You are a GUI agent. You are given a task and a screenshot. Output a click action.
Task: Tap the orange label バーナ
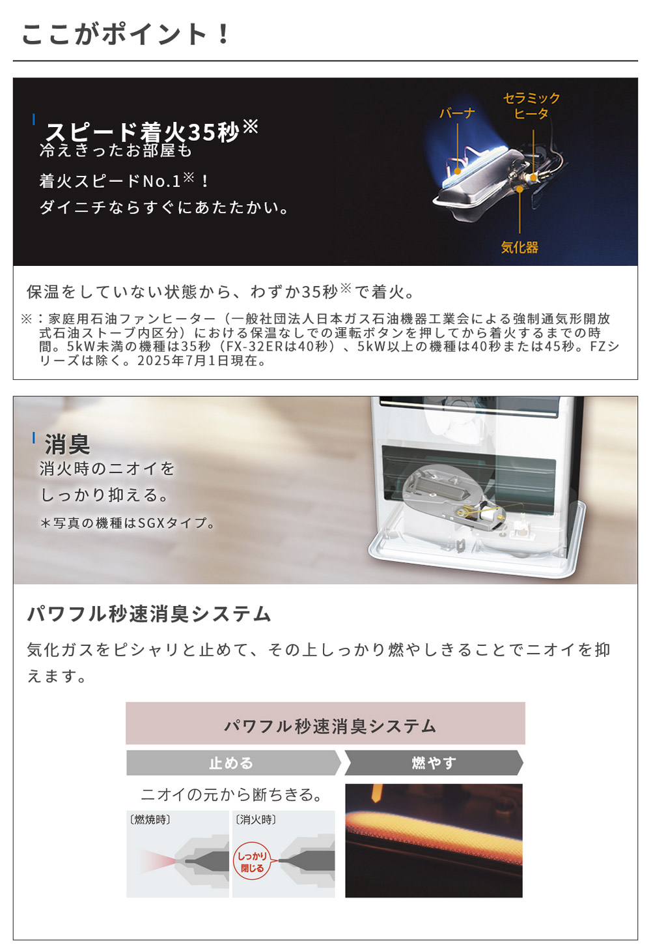click(457, 113)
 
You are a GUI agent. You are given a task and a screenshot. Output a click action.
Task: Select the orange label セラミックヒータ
click(531, 106)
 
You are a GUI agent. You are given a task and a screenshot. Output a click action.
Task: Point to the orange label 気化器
click(519, 248)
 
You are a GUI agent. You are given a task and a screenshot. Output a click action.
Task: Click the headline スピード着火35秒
click(143, 132)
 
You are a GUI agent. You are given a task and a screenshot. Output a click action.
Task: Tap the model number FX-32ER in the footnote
click(255, 347)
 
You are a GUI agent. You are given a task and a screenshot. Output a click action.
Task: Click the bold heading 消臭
click(67, 444)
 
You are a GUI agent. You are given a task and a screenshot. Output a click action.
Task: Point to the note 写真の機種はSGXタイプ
click(128, 523)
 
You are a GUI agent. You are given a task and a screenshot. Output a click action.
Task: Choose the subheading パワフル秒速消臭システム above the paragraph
click(149, 614)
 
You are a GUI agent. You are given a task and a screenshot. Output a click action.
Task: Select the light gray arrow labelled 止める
click(232, 763)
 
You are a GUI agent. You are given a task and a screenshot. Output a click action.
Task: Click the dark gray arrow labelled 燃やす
click(434, 763)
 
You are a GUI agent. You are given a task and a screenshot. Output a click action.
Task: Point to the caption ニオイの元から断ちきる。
click(232, 794)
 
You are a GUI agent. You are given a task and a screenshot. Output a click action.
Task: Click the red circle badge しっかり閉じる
click(251, 862)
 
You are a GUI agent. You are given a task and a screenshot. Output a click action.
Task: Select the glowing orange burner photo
click(434, 840)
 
